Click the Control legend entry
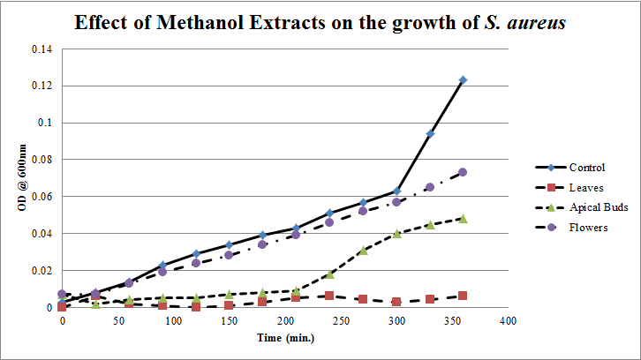(586, 168)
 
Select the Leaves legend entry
(585, 187)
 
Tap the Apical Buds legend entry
(592, 207)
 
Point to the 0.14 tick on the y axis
(41, 49)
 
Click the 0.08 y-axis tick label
(41, 160)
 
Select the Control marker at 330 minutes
(430, 134)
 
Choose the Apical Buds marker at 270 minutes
(363, 251)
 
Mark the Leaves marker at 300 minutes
(396, 302)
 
